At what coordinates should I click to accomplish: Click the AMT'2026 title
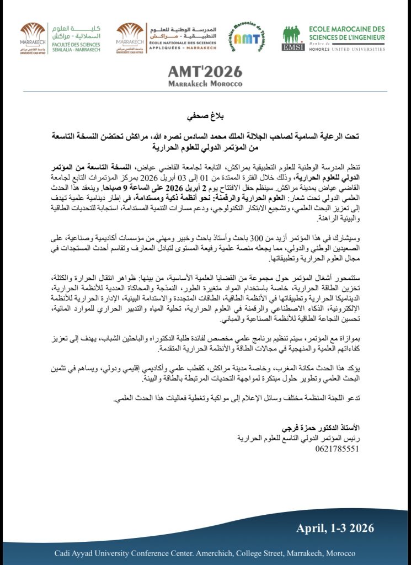coord(205,72)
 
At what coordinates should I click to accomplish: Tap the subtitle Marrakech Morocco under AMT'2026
coord(205,84)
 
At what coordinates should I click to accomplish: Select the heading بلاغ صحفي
coord(205,116)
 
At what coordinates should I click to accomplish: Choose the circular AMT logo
coord(245,38)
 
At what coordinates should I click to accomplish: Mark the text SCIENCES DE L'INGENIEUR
coord(347,38)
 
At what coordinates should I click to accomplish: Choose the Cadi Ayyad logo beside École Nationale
coord(129,36)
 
